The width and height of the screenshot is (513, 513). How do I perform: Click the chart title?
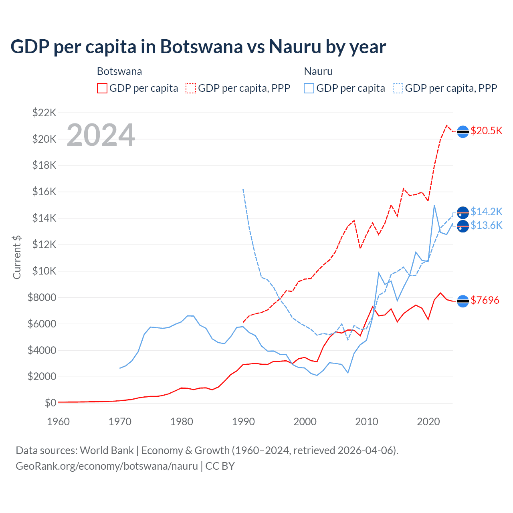tap(198, 46)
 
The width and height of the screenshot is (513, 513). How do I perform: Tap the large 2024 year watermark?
tap(101, 135)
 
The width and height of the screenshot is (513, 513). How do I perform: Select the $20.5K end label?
tap(486, 131)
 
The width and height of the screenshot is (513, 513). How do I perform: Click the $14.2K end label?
tap(486, 212)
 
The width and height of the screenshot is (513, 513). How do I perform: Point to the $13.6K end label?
tap(486, 226)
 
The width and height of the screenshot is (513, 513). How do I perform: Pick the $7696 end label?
tap(485, 300)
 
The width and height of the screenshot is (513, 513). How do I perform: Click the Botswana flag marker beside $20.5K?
tap(463, 131)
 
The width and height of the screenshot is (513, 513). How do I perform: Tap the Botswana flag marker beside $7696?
tap(463, 301)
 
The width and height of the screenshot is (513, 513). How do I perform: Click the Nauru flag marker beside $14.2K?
tap(463, 212)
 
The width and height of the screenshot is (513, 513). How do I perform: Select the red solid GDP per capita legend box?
tap(102, 88)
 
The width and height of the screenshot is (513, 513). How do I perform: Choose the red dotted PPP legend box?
tap(191, 88)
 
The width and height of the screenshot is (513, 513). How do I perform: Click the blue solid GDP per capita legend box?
tap(309, 88)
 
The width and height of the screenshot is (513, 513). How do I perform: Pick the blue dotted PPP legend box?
tap(398, 88)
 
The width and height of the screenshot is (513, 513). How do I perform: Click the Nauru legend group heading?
tap(318, 71)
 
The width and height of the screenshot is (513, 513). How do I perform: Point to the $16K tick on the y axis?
tap(44, 192)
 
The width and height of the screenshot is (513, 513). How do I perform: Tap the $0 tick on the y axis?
tap(50, 403)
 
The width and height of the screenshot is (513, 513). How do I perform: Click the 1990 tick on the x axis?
tap(243, 422)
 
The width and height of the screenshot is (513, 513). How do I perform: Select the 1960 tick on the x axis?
tap(59, 422)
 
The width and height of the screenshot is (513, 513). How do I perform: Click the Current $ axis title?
tap(17, 257)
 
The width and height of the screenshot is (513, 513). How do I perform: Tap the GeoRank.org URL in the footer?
tap(107, 466)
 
